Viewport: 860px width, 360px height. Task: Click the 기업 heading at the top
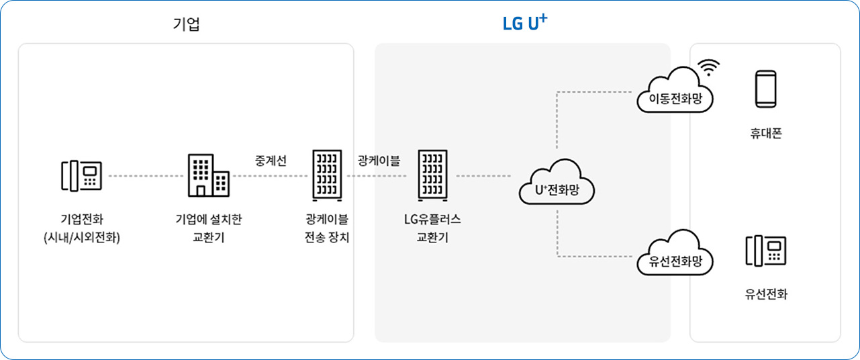186,25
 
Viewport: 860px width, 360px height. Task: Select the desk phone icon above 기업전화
81,176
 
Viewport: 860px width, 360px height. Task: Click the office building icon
207,175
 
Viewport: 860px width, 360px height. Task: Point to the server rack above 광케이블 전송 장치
327,175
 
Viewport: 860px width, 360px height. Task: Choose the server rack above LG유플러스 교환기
432,175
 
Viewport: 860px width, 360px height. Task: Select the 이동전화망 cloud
674,93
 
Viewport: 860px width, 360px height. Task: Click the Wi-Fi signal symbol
708,66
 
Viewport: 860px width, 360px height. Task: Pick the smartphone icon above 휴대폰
766,89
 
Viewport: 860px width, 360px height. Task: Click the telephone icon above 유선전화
766,250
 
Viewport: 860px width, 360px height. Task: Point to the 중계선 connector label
271,161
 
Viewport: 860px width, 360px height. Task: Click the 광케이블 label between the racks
379,161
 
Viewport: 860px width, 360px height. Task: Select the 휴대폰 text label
766,134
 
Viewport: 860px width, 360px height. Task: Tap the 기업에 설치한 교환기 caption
208,228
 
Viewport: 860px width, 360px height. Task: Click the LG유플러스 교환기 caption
432,228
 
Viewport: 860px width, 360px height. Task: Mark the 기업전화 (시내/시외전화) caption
81,228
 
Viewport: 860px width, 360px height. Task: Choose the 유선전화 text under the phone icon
766,294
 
